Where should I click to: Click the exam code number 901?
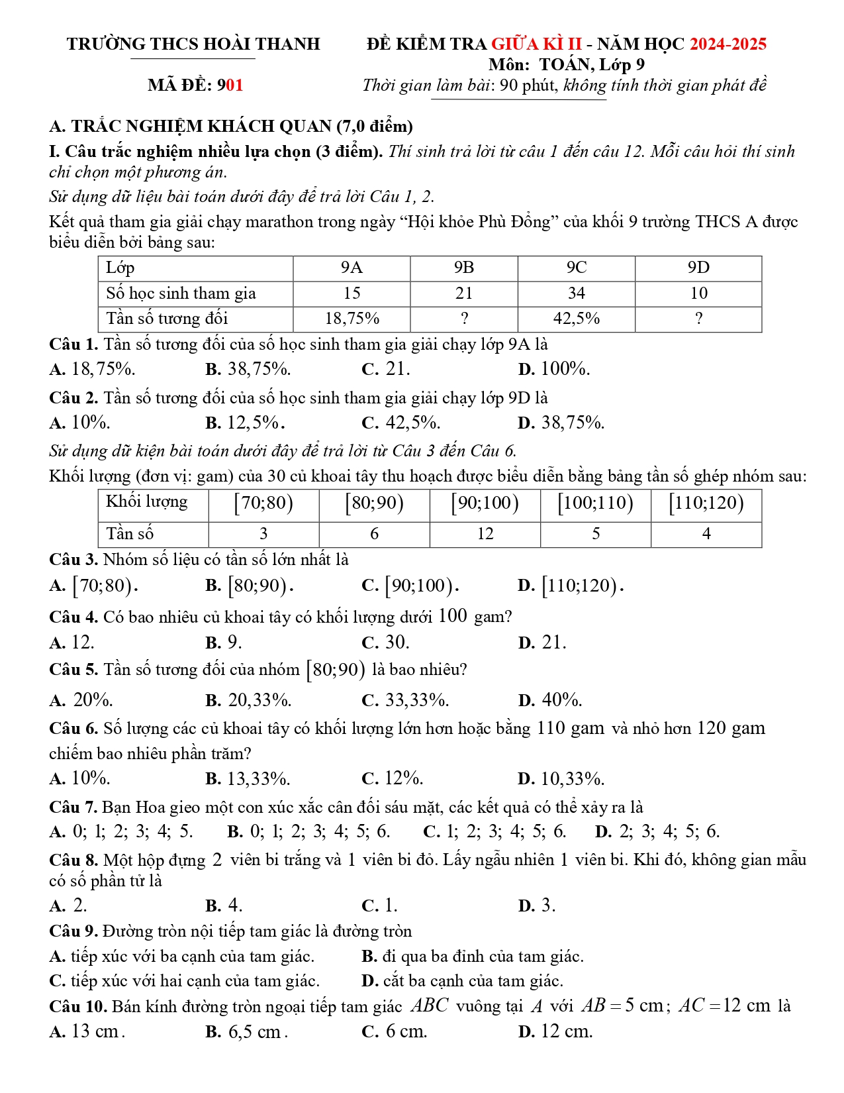[230, 85]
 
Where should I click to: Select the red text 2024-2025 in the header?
[727, 44]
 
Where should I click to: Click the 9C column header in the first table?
[576, 268]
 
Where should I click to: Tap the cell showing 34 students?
[576, 293]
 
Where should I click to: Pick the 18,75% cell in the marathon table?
[352, 319]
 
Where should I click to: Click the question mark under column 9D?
[698, 319]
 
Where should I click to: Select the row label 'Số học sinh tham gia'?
[181, 293]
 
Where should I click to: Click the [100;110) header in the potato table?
[595, 503]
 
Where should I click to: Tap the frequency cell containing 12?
[485, 534]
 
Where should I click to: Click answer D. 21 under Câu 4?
[542, 643]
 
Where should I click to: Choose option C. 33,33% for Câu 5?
[405, 700]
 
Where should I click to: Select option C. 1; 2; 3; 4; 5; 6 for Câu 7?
[494, 831]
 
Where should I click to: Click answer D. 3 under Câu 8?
[537, 906]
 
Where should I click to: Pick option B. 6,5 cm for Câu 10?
[246, 1032]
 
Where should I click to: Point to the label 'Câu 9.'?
[73, 931]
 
